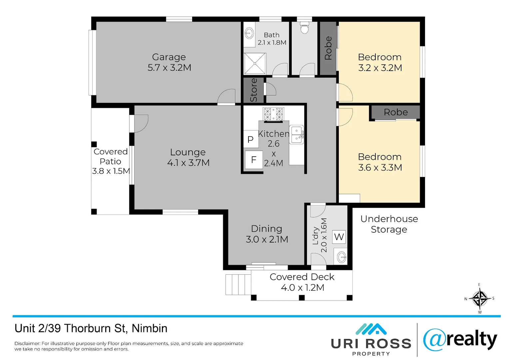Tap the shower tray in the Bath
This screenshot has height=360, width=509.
point(255,63)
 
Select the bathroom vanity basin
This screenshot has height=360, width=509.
point(249,33)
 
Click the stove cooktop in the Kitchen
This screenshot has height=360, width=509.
point(273,114)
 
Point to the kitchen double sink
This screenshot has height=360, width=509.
point(296,135)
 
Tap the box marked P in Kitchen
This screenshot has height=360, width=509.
point(251,139)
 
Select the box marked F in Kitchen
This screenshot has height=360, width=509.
point(254,160)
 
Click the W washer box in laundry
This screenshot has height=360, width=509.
point(339,237)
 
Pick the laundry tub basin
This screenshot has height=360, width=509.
point(341,257)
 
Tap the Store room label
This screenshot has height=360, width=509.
point(254,90)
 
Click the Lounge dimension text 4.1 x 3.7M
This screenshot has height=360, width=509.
point(188,163)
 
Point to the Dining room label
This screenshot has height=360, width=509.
point(266,229)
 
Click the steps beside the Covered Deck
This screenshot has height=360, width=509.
point(238,284)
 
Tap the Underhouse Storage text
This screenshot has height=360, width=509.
point(389,224)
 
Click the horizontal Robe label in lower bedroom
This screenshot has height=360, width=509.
point(395,112)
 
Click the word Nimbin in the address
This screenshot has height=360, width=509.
point(150,328)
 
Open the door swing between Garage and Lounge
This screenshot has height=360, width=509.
point(227,97)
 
